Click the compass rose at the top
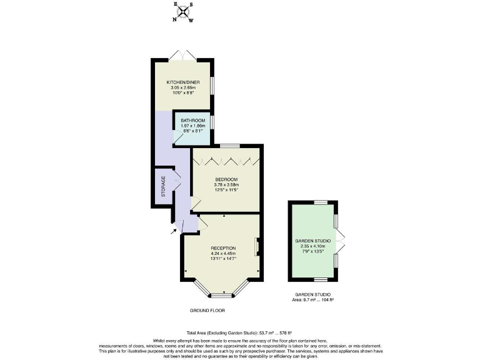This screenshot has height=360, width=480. pyautogui.click(x=183, y=11)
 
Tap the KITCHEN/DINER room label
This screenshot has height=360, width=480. pyautogui.click(x=183, y=82)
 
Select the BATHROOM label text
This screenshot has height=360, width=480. pyautogui.click(x=192, y=120)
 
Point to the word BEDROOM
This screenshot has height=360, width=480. pyautogui.click(x=226, y=179)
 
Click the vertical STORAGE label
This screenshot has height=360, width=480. pyautogui.click(x=164, y=186)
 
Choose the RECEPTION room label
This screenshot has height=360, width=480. pyautogui.click(x=223, y=248)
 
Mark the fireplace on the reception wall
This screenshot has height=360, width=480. pyautogui.click(x=257, y=247)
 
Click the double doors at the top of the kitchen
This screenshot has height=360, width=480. pyautogui.click(x=182, y=55)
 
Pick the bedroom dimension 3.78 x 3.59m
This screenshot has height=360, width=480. pyautogui.click(x=226, y=185)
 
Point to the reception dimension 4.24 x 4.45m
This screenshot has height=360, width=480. pyautogui.click(x=223, y=254)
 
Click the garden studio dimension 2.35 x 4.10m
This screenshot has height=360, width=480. pyautogui.click(x=312, y=246)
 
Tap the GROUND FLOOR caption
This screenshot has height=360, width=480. pyautogui.click(x=207, y=310)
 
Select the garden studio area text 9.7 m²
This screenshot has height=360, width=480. pyautogui.click(x=313, y=300)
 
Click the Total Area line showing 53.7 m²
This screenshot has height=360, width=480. pyautogui.click(x=239, y=332)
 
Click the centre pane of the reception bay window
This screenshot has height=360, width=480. pyautogui.click(x=221, y=294)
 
